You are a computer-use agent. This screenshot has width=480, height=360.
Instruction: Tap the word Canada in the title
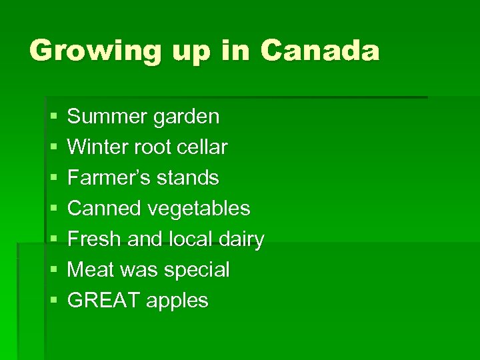point(320,50)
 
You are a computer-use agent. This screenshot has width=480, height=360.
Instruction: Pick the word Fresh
point(93,239)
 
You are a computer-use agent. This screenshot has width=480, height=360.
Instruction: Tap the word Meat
point(91,270)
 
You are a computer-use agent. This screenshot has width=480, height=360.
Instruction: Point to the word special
point(197,271)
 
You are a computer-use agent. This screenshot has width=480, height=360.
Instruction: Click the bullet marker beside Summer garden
point(53,117)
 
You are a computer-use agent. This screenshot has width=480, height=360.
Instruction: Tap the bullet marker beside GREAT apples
point(53,301)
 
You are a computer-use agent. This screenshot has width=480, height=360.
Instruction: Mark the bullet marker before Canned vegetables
point(53,209)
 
